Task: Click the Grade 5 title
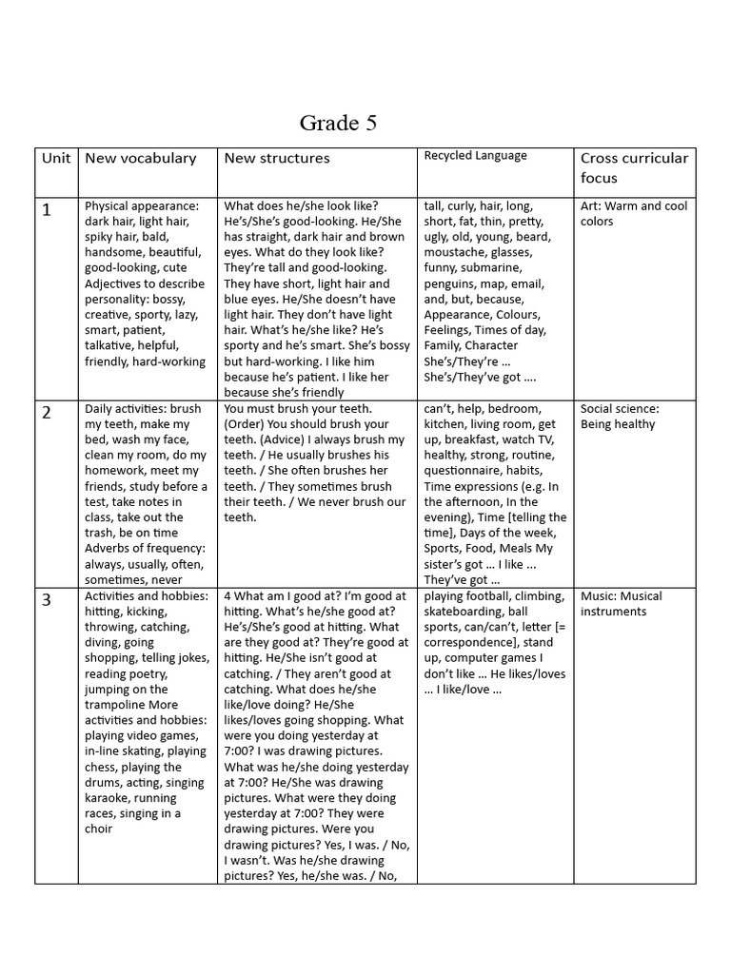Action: click(330, 123)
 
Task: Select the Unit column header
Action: click(56, 158)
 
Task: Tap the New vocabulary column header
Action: click(140, 158)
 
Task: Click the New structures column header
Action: click(277, 158)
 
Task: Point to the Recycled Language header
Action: click(475, 156)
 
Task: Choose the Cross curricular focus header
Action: click(633, 167)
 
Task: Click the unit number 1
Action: click(46, 210)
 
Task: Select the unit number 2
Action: click(46, 413)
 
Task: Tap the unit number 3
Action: click(46, 600)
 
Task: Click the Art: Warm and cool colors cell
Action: click(633, 213)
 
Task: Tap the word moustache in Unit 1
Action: click(457, 253)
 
